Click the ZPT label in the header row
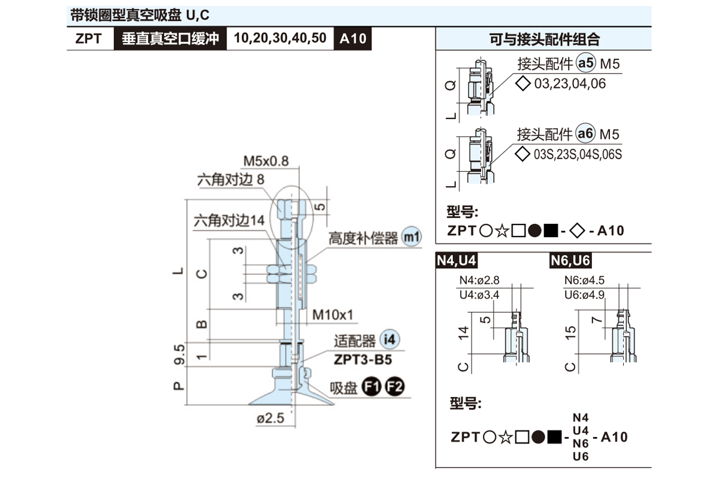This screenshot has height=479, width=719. (x=89, y=39)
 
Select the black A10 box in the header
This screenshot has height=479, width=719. (x=352, y=39)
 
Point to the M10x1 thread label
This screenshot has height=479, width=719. (x=334, y=314)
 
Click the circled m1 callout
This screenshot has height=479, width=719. (x=411, y=237)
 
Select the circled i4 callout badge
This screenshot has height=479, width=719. (x=389, y=340)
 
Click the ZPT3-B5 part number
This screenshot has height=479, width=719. (x=362, y=360)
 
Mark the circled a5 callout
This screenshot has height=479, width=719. (x=586, y=63)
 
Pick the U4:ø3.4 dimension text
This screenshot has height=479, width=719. (x=479, y=295)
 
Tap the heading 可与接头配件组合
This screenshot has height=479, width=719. (x=544, y=40)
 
